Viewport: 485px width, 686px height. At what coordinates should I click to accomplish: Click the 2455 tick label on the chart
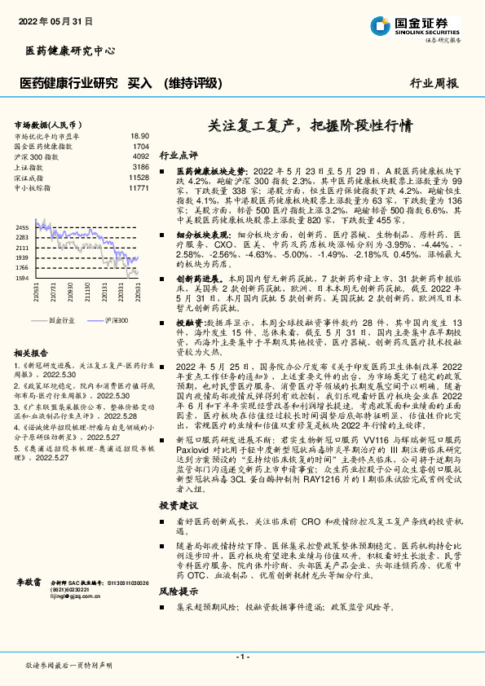pyautogui.click(x=22, y=227)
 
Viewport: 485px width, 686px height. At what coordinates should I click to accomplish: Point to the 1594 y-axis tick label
pyautogui.click(x=22, y=278)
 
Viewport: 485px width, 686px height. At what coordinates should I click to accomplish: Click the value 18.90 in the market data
pyautogui.click(x=139, y=136)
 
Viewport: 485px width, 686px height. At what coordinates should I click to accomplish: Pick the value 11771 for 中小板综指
pyautogui.click(x=139, y=187)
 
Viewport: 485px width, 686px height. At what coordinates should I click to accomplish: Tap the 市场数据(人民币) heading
pyautogui.click(x=46, y=125)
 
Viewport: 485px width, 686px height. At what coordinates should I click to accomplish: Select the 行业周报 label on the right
pyautogui.click(x=433, y=82)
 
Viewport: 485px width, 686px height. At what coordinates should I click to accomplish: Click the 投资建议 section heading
pyautogui.click(x=179, y=507)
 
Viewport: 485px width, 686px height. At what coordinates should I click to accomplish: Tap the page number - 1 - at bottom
pyautogui.click(x=242, y=656)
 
